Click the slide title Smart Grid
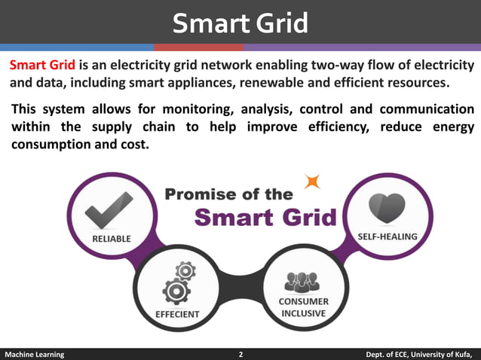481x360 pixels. point(240,23)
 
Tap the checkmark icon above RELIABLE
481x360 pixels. point(109,209)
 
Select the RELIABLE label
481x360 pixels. point(111,239)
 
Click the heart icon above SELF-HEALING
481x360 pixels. point(385,207)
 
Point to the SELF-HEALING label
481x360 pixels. point(386,236)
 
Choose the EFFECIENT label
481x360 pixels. point(177,313)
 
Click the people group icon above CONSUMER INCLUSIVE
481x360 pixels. point(302,281)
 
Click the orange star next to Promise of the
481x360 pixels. point(311,181)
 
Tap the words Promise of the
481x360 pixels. point(228,194)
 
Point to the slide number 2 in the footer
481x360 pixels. point(240,354)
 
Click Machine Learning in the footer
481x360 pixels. point(35,354)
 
